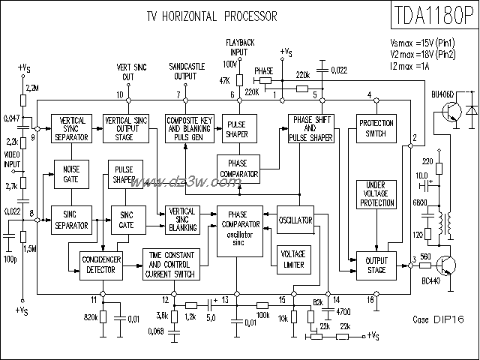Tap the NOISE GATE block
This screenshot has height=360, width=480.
point(71,174)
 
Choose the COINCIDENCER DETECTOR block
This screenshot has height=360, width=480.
point(100,263)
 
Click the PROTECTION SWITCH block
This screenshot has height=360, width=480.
point(376,128)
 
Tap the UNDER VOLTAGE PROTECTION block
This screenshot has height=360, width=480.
point(376,194)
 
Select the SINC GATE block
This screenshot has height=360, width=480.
point(126,219)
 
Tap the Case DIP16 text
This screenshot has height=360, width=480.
point(439,319)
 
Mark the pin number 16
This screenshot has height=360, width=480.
point(370,300)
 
